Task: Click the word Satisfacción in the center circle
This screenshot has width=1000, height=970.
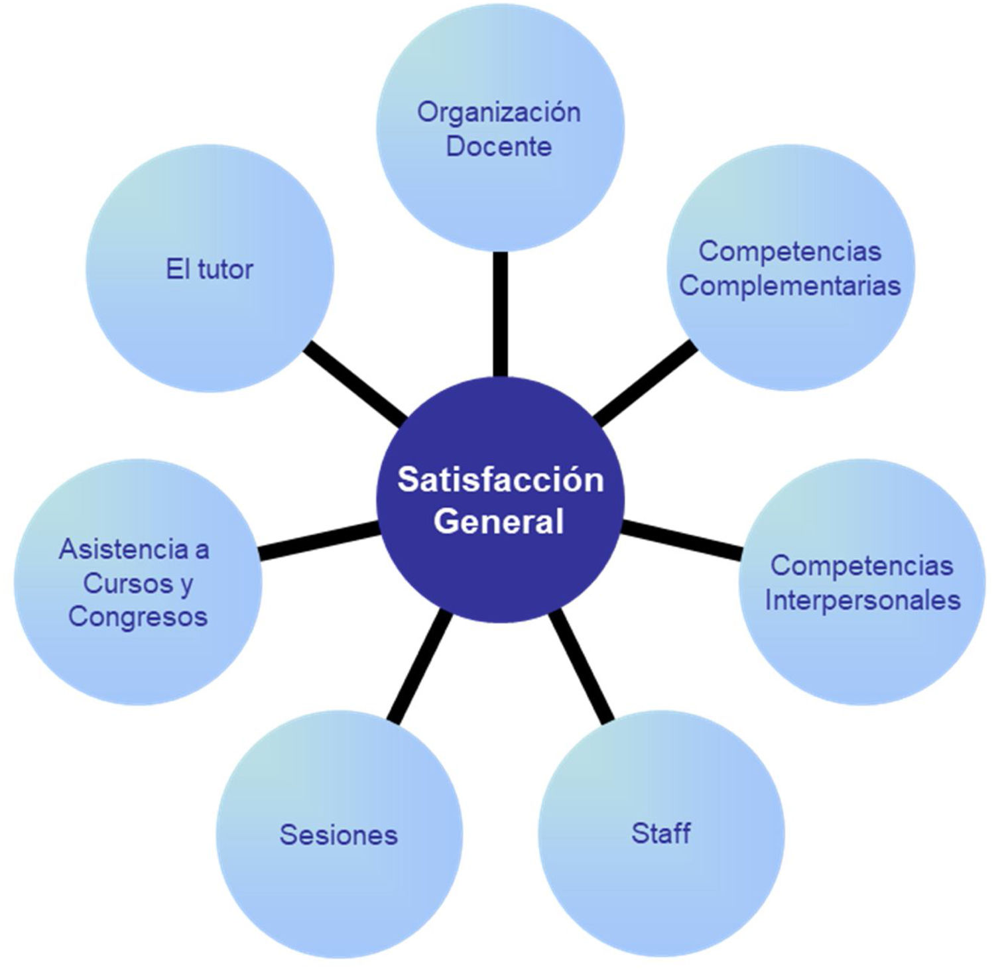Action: click(500, 480)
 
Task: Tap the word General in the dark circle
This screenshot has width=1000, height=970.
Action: click(499, 521)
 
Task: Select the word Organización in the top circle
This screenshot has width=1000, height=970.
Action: click(499, 112)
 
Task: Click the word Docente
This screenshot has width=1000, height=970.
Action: click(499, 147)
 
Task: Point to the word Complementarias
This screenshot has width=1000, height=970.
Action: click(790, 286)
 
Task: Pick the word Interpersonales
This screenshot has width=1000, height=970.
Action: click(863, 600)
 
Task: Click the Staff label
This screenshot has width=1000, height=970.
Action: click(661, 833)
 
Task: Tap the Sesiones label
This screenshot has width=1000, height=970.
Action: click(339, 835)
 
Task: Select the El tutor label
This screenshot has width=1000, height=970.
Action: click(210, 270)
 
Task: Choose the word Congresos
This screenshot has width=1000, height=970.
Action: click(138, 617)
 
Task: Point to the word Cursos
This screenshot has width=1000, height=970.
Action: click(120, 583)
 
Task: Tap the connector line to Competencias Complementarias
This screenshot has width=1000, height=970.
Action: click(645, 383)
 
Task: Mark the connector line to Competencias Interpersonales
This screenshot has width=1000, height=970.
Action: click(682, 539)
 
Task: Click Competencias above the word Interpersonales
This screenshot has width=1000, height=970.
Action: click(861, 566)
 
